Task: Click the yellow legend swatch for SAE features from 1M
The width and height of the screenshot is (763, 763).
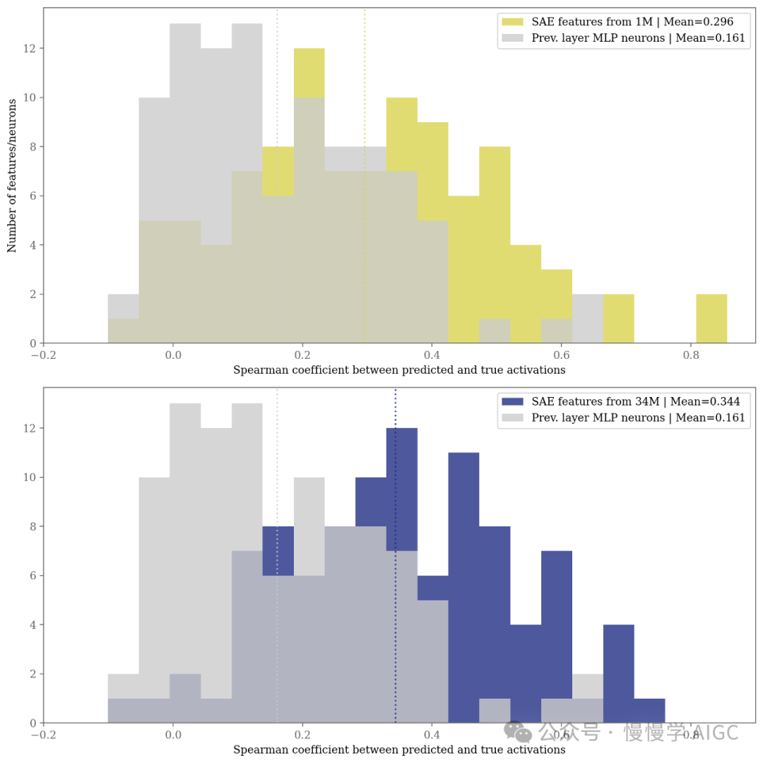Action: [x=512, y=22]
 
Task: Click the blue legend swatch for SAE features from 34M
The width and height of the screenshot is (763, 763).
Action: [x=512, y=401]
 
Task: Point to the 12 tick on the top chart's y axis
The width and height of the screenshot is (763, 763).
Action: [x=29, y=49]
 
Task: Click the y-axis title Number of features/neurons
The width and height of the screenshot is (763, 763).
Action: [x=12, y=175]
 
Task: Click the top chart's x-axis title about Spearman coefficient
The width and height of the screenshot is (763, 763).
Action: [x=399, y=370]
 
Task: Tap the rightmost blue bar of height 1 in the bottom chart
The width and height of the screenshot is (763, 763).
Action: [x=649, y=711]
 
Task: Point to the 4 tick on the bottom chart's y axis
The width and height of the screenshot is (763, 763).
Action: [x=29, y=625]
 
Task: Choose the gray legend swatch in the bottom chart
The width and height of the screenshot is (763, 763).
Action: [x=512, y=418]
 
